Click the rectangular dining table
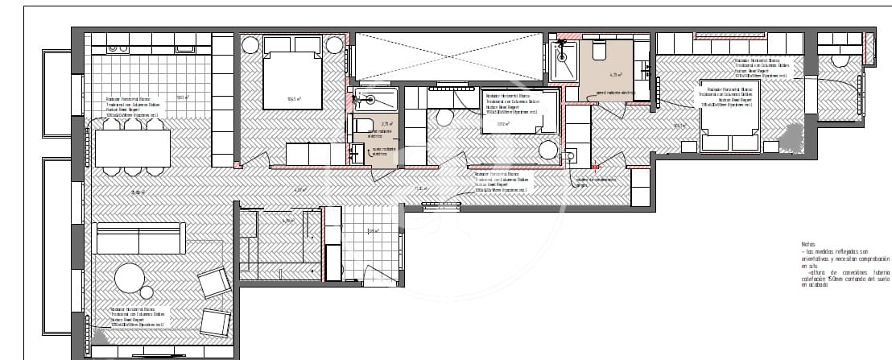click(x=133, y=148)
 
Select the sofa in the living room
click(x=140, y=238)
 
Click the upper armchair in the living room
click(x=213, y=282)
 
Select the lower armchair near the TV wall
click(x=216, y=322)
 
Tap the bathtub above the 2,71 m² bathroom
click(x=374, y=100)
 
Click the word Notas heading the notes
click(x=807, y=244)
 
